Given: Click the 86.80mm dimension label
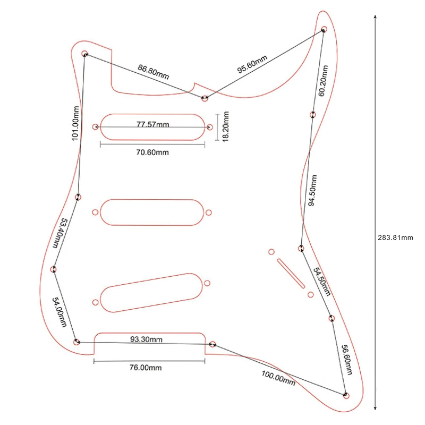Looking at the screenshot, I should tap(153, 72).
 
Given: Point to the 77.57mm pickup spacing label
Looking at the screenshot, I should tap(152, 125).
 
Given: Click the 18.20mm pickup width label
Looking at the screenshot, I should tap(225, 126).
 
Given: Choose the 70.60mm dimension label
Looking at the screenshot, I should tap(152, 152).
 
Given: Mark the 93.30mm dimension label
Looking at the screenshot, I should tap(147, 339).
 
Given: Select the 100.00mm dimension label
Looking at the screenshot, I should tap(278, 378).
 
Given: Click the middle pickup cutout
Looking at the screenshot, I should tap(152, 211).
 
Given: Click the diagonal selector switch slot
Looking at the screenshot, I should tap(291, 273).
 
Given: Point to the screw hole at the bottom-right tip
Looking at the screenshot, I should tap(346, 395).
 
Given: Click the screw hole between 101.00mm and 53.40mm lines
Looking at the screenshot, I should tap(78, 197).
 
